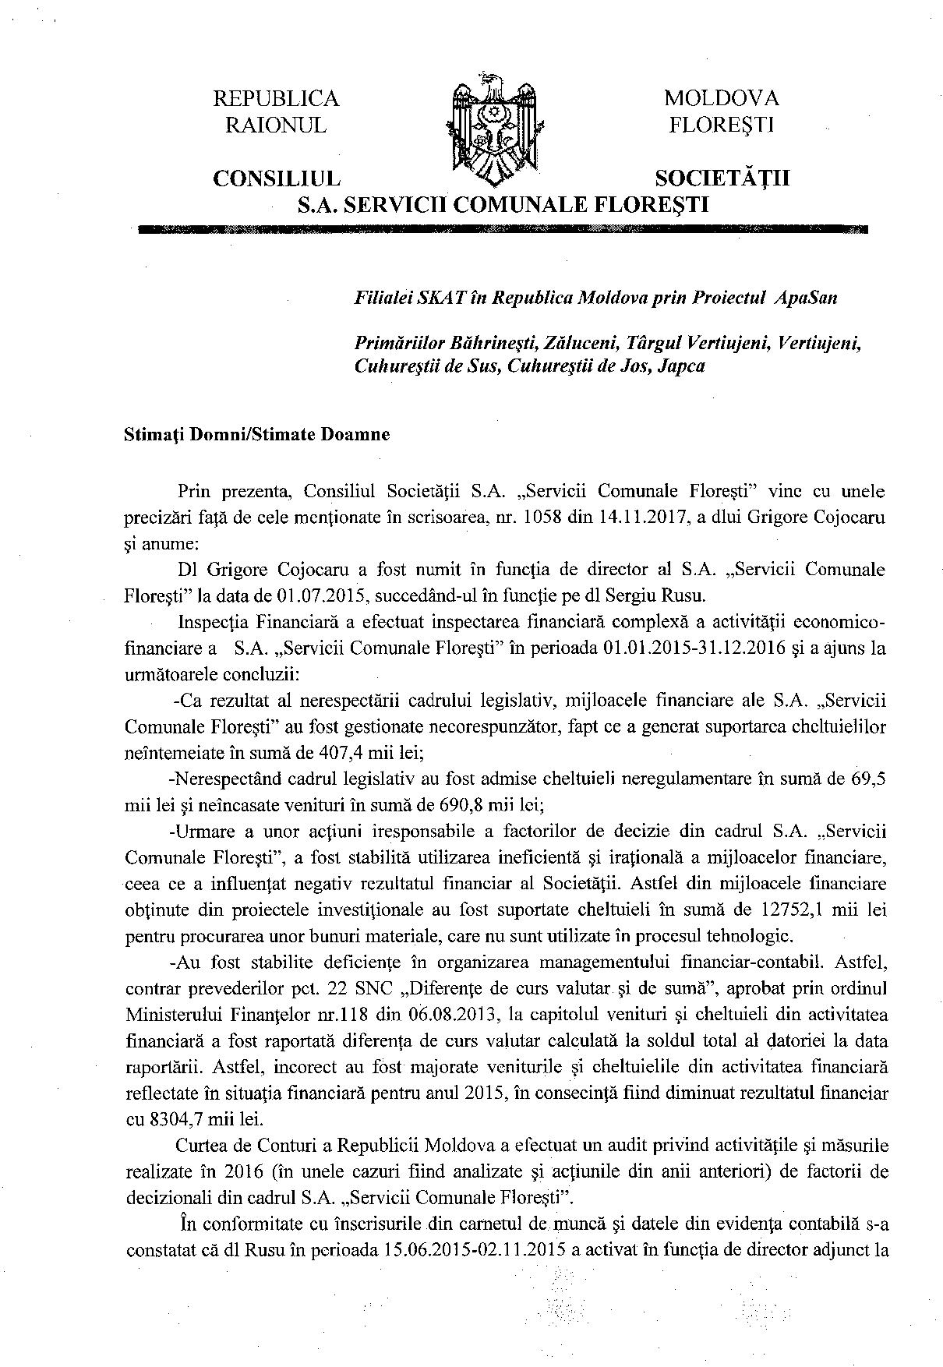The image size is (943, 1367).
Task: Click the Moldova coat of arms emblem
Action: (493, 129)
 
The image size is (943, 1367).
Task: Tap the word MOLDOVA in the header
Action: (721, 99)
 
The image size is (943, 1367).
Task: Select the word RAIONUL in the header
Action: (276, 125)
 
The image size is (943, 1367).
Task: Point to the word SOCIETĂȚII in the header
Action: (722, 178)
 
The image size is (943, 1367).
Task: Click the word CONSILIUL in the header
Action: (277, 178)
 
